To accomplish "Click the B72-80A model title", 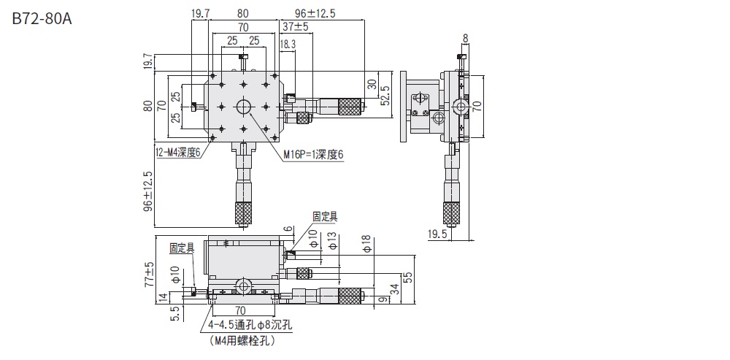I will coord(42,19).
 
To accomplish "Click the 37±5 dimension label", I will coord(295,27).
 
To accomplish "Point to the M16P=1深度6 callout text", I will coord(314,154).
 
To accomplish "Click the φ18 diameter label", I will coord(366,244).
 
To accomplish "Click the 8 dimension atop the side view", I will coord(465,38).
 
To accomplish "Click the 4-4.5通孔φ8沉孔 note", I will coord(250,326).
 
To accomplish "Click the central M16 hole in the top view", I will coord(243,107).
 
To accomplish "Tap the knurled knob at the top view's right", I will coord(350,106).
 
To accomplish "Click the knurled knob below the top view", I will coord(243,212).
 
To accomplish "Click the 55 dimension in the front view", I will coord(408,277).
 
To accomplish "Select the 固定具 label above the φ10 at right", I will coord(324,216).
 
